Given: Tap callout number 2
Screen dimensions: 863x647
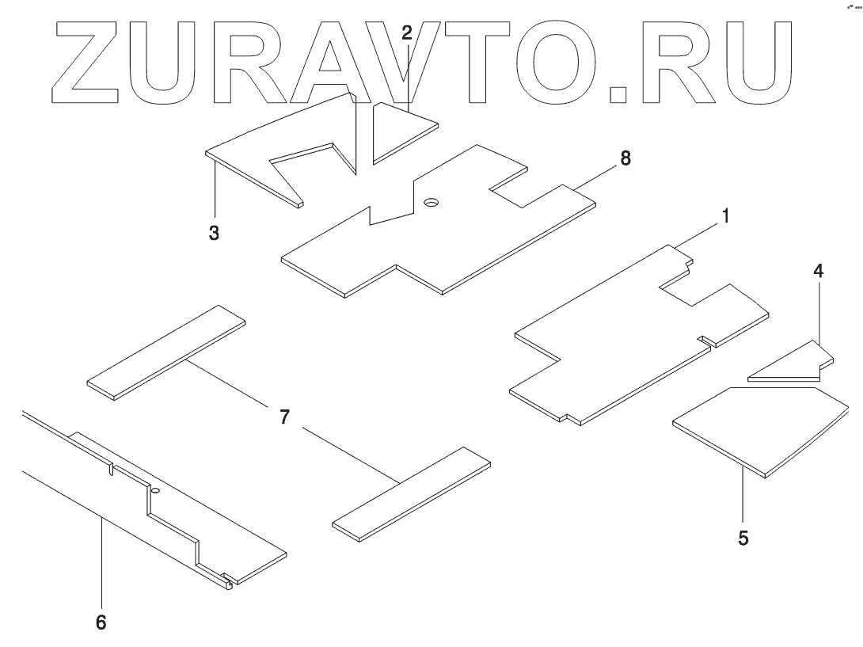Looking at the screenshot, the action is click(x=407, y=33).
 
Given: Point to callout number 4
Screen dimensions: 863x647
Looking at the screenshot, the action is click(x=818, y=271).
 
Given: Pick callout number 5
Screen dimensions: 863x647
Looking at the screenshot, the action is click(x=743, y=538).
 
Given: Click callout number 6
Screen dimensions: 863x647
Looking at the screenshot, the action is click(x=101, y=622).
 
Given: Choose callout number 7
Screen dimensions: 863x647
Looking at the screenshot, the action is click(x=284, y=418).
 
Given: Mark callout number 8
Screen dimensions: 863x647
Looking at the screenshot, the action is click(x=625, y=158).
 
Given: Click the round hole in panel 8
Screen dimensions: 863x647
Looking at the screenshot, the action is click(x=431, y=203).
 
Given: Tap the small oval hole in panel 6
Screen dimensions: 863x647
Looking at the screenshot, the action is click(x=155, y=491).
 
